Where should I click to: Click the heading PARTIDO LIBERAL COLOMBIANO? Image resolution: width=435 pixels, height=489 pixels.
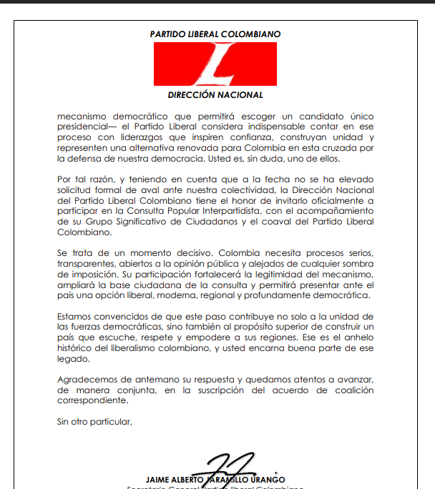pyautogui.click(x=215, y=34)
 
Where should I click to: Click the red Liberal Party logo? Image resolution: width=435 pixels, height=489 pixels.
pyautogui.click(x=215, y=64)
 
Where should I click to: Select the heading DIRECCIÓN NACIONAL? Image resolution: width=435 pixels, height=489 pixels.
pyautogui.click(x=215, y=95)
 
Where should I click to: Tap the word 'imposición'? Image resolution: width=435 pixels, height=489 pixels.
pyautogui.click(x=93, y=275)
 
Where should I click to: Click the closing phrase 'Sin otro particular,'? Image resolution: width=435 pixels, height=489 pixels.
pyautogui.click(x=95, y=422)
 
